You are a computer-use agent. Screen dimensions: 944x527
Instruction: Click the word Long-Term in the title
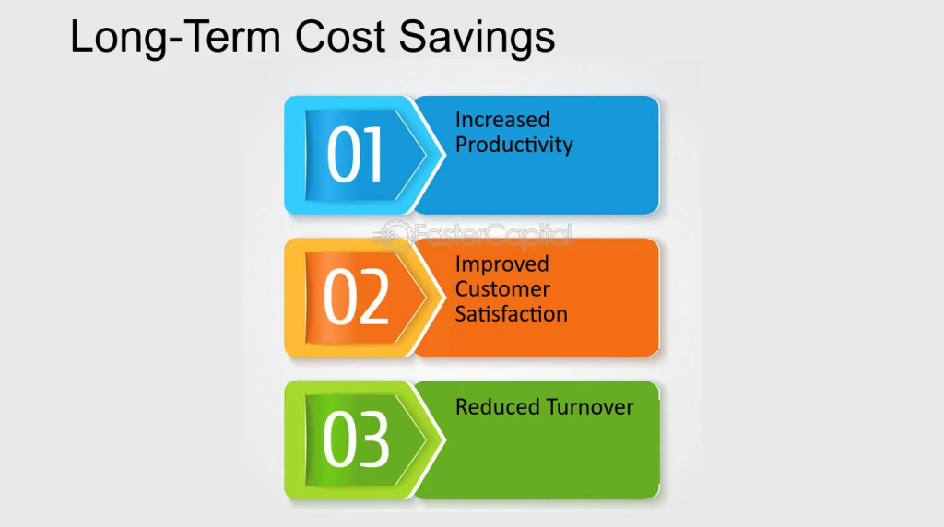(x=175, y=37)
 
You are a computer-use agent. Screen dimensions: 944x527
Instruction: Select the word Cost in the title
(x=339, y=36)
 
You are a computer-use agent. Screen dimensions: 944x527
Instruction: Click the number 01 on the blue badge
(x=355, y=154)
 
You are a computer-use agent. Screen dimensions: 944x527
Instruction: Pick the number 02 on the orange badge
(x=356, y=297)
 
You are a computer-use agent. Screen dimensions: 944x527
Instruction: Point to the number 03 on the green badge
(x=356, y=439)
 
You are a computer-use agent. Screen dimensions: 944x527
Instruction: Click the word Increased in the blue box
(x=502, y=119)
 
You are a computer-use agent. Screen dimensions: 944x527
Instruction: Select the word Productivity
(x=514, y=145)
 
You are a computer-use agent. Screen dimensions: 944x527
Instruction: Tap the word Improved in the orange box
(x=502, y=264)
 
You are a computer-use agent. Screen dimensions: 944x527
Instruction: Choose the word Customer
(x=502, y=288)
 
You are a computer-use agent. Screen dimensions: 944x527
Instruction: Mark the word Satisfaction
(x=511, y=313)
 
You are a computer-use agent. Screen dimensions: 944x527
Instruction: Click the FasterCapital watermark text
(x=493, y=234)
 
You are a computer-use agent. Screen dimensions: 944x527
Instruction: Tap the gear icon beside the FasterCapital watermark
(x=395, y=235)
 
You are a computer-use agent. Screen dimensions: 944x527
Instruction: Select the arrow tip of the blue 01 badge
(x=445, y=155)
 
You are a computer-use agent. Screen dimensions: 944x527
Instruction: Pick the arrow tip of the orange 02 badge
(x=445, y=297)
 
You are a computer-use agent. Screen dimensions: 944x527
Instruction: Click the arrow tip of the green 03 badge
(x=445, y=439)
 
